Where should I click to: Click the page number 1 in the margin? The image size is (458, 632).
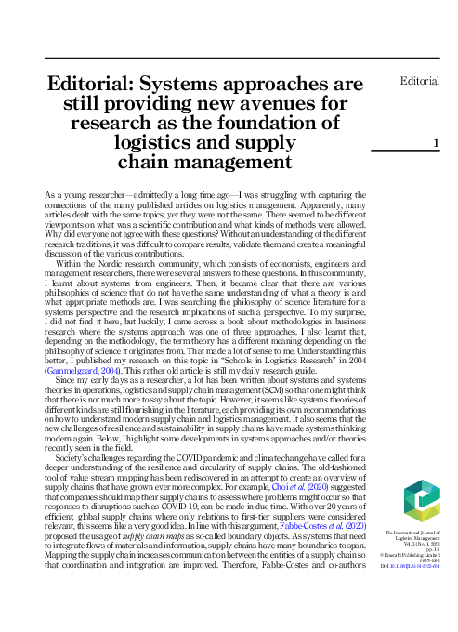[435, 142]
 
